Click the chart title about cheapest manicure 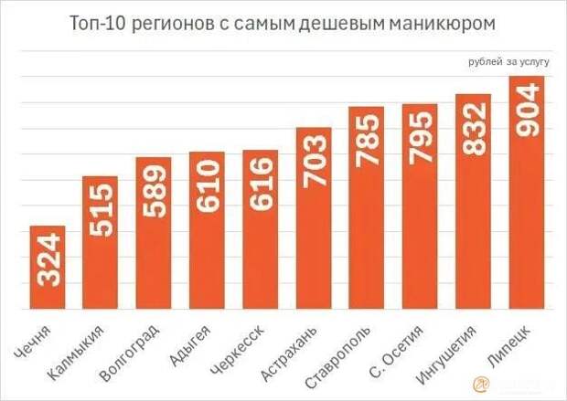283,23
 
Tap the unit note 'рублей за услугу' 508,62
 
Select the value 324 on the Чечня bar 48,259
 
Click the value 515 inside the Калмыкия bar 101,210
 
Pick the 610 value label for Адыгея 207,186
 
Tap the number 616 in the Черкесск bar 260,185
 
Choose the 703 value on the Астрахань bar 313,161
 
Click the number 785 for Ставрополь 366,139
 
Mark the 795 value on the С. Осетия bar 420,137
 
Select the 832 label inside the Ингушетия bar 473,129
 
